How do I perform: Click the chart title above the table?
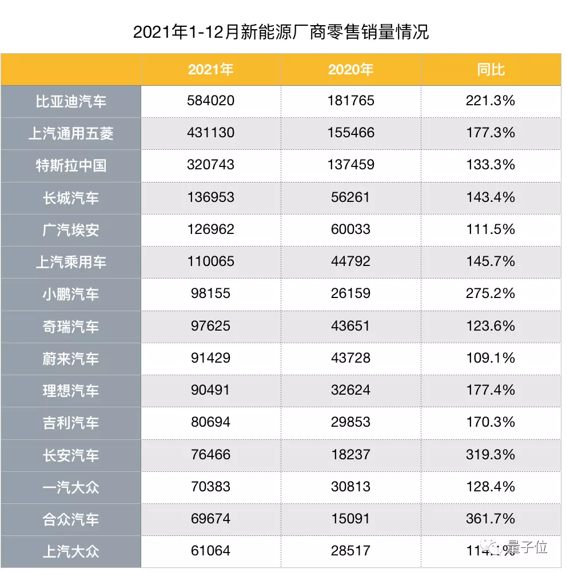pyautogui.click(x=281, y=32)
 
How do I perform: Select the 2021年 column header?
pyautogui.click(x=210, y=70)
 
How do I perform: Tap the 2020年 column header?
pyautogui.click(x=350, y=70)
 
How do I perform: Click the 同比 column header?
pyautogui.click(x=491, y=70)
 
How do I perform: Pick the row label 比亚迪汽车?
pyautogui.click(x=71, y=102)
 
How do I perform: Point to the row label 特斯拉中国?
pyautogui.click(x=71, y=166)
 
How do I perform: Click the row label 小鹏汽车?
pyautogui.click(x=71, y=294)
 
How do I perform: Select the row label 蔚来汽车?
pyautogui.click(x=71, y=359)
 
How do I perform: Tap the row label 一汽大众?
pyautogui.click(x=71, y=487)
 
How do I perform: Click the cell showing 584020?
pyautogui.click(x=210, y=101)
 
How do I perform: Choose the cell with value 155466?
pyautogui.click(x=350, y=133)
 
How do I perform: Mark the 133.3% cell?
pyautogui.click(x=491, y=165)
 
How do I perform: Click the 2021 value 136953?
pyautogui.click(x=210, y=197)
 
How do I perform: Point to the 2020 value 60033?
pyautogui.click(x=350, y=229)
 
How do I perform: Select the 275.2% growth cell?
pyautogui.click(x=491, y=293)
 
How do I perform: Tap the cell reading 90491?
pyautogui.click(x=210, y=390)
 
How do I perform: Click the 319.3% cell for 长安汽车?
pyautogui.click(x=491, y=455)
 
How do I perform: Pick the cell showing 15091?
pyautogui.click(x=350, y=519)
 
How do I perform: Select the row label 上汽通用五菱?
pyautogui.click(x=71, y=134)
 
